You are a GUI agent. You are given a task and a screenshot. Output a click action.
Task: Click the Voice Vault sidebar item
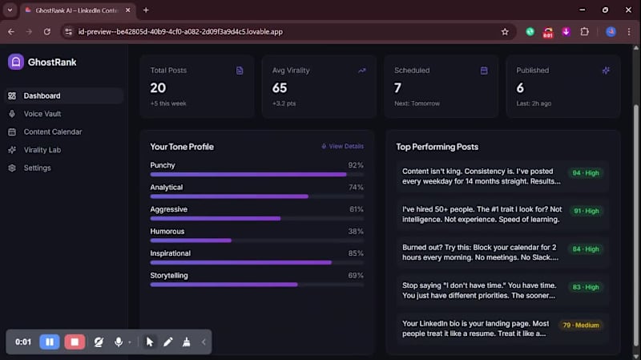click(x=42, y=114)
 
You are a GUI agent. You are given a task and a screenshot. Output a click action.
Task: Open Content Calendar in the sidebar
click(x=52, y=131)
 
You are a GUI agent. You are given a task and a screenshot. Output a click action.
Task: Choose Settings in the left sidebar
click(x=37, y=168)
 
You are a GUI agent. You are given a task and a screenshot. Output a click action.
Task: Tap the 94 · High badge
click(x=586, y=172)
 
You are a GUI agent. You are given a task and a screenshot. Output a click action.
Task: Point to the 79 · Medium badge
click(x=581, y=326)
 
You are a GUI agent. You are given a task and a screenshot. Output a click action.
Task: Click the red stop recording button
click(x=75, y=342)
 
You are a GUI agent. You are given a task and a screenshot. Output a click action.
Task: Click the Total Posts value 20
click(x=158, y=87)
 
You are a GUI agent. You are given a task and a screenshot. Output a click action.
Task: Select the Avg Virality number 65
click(x=280, y=87)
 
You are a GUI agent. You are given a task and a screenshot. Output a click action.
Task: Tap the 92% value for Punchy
click(x=356, y=165)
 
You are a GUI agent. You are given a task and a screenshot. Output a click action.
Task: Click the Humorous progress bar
click(x=256, y=240)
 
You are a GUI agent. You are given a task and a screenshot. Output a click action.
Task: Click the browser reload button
click(x=47, y=31)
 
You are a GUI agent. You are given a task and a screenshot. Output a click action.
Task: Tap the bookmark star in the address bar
click(x=505, y=31)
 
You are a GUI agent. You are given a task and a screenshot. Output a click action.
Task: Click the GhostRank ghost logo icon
click(x=15, y=62)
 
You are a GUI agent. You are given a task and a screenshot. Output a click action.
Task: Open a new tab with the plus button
click(x=146, y=10)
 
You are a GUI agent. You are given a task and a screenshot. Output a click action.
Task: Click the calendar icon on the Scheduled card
click(x=484, y=71)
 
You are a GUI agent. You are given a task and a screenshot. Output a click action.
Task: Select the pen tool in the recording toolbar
click(x=168, y=342)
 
